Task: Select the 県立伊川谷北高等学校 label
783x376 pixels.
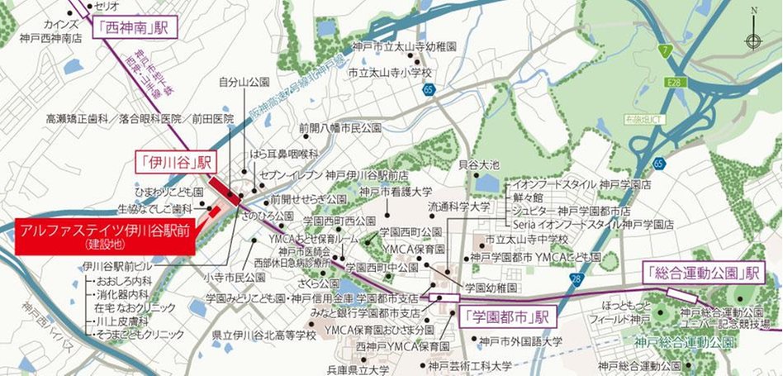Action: point(263,336)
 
